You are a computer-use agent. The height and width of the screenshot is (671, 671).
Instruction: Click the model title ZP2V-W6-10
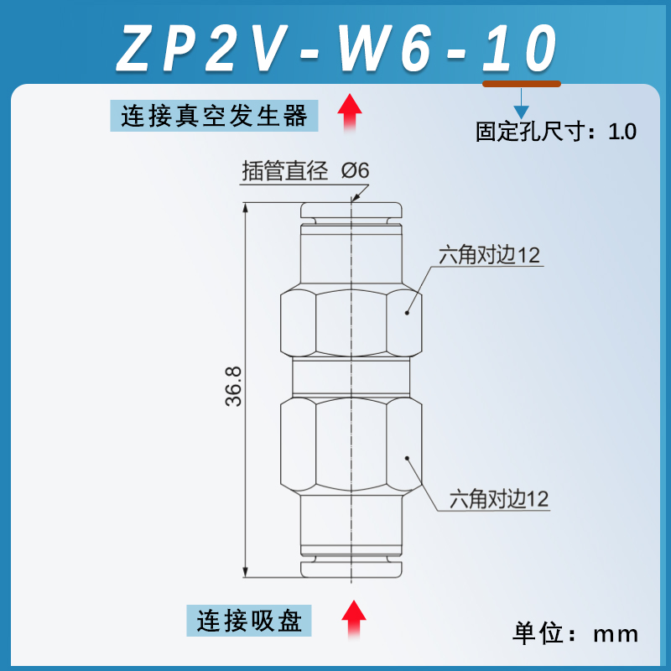tap(335, 49)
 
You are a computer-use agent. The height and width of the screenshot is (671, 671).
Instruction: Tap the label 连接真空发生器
tap(215, 114)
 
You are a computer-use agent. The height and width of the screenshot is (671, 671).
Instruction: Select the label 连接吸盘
tap(248, 621)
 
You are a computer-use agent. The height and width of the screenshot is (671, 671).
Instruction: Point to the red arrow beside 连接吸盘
tap(356, 620)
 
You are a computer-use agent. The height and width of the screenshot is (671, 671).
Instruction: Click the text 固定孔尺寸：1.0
tap(556, 132)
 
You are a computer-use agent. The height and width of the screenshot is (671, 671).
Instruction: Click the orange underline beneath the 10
tap(521, 83)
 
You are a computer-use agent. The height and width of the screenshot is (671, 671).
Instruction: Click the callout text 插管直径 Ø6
tap(305, 170)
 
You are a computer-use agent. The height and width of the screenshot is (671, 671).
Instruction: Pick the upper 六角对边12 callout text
tap(490, 255)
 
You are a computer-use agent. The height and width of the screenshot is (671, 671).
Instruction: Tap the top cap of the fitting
tap(352, 209)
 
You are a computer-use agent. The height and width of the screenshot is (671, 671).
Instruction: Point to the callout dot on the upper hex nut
tap(407, 313)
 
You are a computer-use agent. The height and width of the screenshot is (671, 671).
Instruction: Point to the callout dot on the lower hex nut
tap(407, 458)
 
